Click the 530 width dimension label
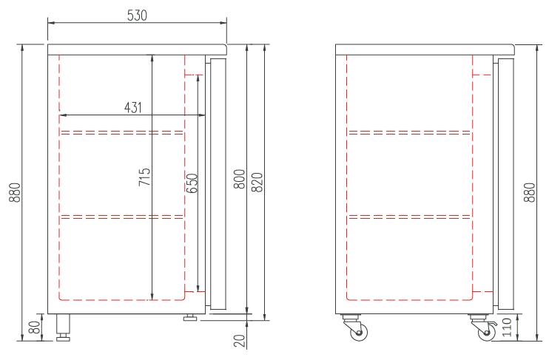137,15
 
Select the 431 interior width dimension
133,107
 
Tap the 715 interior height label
144,177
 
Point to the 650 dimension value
192,183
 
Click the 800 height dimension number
240,179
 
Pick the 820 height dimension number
257,182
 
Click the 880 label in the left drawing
15,192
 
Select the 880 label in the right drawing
530,192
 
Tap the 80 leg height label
35,327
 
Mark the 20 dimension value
240,340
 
